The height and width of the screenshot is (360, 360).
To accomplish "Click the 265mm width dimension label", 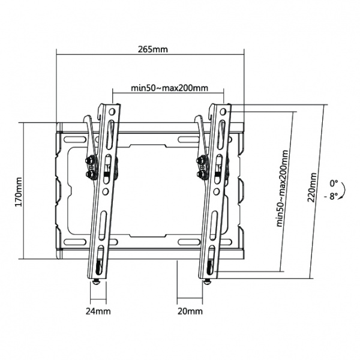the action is (152, 49).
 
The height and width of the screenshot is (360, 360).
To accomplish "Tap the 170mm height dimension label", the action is (19, 192).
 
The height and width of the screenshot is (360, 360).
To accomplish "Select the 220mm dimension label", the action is (311, 187).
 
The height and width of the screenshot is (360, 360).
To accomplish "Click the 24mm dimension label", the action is (98, 311).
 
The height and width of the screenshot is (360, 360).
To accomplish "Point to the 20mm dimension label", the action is (190, 311).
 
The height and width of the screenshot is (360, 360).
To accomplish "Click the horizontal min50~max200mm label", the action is (169, 88).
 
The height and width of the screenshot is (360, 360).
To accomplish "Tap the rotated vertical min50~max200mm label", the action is (283, 188).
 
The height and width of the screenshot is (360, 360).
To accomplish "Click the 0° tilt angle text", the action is (334, 184).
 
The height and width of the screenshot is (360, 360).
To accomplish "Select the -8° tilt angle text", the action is (331, 197).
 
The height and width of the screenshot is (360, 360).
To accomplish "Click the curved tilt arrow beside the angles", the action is (344, 190).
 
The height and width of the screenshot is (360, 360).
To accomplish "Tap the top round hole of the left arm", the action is (112, 112).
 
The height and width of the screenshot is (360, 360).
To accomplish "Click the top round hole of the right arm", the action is (223, 112).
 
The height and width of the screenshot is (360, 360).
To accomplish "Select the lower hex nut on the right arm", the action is (201, 174).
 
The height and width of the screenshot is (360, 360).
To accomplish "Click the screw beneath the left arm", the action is (97, 282).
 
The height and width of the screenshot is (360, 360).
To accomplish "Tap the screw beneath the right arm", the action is (208, 282).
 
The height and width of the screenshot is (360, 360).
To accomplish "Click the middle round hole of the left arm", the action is (105, 191).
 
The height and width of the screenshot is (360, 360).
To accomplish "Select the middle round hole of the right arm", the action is (216, 191).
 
